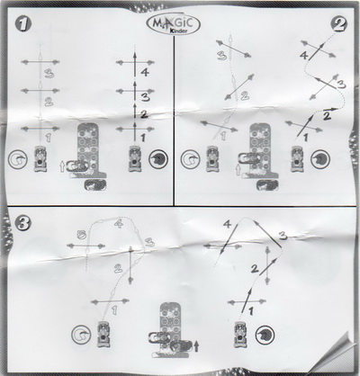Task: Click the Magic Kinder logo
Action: point(175,25)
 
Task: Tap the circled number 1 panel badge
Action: point(23,23)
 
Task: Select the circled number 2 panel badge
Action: point(340,24)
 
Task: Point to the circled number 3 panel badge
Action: point(22,223)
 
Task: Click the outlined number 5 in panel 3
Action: point(81,235)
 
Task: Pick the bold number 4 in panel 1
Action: point(145,72)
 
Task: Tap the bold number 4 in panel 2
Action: point(304,56)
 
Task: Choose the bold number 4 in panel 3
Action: point(227,224)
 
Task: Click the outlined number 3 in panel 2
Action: point(221,56)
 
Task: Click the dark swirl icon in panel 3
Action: point(265,336)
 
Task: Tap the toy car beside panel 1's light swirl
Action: point(40,158)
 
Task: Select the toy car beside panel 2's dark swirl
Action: point(297,158)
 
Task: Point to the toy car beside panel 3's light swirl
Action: point(103,334)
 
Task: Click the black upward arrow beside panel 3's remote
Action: point(196,346)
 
